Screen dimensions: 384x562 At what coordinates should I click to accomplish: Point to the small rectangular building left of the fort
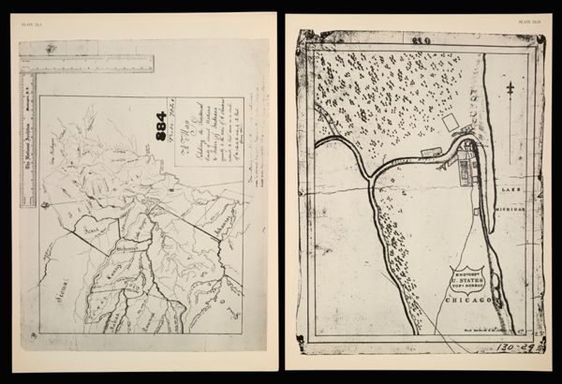coord(431,150)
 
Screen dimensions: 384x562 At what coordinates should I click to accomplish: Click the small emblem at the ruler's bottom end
coord(28,199)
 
